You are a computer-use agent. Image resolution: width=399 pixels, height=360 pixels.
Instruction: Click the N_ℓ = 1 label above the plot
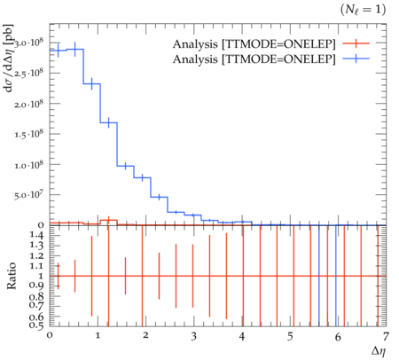[x=364, y=10]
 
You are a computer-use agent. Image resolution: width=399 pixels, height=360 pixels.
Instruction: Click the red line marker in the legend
[x=356, y=43]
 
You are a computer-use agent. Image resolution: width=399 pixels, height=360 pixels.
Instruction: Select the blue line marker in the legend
[x=356, y=59]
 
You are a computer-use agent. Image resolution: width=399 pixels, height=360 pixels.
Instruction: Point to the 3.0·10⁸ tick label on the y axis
[x=28, y=43]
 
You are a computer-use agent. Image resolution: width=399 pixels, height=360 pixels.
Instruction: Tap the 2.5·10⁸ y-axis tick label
[x=28, y=74]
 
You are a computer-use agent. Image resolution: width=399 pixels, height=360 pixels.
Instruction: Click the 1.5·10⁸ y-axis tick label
[x=28, y=135]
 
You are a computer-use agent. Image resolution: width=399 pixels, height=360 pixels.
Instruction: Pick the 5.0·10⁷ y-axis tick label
[x=28, y=195]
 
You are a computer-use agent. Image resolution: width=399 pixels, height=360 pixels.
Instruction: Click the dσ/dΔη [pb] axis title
[x=9, y=58]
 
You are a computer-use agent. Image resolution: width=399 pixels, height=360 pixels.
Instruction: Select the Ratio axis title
[x=12, y=276]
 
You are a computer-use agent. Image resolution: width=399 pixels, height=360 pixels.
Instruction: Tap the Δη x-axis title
[x=379, y=351]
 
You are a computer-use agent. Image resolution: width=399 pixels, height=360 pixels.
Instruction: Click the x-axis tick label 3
[x=193, y=337]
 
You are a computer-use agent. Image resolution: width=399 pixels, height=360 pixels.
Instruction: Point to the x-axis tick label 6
[x=338, y=337]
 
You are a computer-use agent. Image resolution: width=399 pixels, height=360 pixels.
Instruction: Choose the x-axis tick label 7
[x=386, y=337]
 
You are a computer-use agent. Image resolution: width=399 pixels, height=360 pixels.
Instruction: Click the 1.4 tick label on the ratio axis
[x=36, y=236]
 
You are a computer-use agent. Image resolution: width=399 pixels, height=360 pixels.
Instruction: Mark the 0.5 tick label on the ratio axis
[x=36, y=325]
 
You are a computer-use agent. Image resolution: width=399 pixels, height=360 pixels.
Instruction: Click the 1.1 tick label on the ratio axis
[x=36, y=266]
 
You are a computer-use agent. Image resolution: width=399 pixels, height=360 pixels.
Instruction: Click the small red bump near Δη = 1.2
[x=109, y=220]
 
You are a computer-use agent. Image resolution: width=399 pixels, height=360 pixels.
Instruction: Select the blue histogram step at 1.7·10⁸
[x=109, y=122]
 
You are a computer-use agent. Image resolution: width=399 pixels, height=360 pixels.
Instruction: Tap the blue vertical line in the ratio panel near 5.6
[x=319, y=276]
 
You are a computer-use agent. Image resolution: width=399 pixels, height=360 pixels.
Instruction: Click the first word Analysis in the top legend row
[x=195, y=44]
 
